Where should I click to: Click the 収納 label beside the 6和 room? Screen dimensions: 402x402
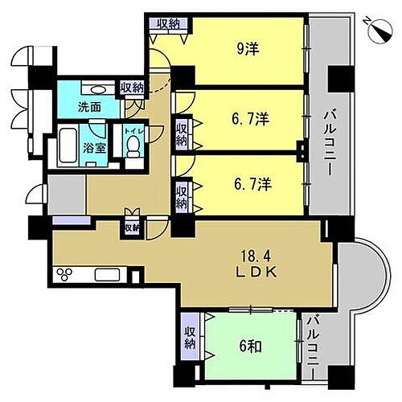pos(190,338)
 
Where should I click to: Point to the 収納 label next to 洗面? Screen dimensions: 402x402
pos(133,87)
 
